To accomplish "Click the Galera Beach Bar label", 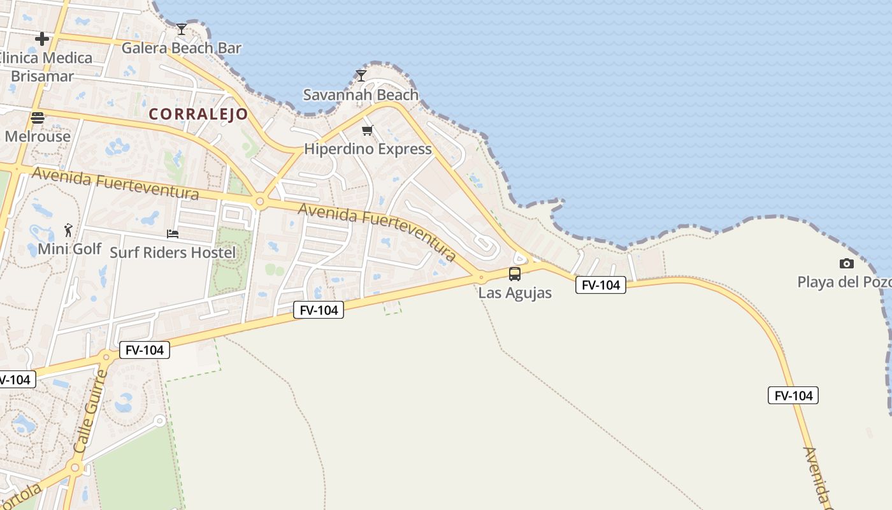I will pos(182,48).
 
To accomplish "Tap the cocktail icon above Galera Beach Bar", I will pos(182,29).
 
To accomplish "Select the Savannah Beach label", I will pos(361,95).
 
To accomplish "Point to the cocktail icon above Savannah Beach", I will pos(361,76).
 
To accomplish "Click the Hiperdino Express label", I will pos(368,149).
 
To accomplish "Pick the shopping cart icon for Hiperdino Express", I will pos(367,131).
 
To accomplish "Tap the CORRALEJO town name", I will pos(198,115).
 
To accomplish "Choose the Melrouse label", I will pos(38,136).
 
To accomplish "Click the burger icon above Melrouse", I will pos(38,117).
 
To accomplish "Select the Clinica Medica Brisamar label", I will pos(44,67).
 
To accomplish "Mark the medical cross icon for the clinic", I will pos(42,39).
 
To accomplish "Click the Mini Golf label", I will pos(69,249).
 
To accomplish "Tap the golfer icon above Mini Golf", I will pos(69,229).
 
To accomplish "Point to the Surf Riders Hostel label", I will pos(173,252).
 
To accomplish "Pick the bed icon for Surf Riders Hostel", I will pos(173,234).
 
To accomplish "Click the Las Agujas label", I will pos(515,293).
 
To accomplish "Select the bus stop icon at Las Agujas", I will pos(515,274).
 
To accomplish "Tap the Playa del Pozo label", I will pos(844,282).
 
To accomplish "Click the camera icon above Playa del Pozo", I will pos(847,263).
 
